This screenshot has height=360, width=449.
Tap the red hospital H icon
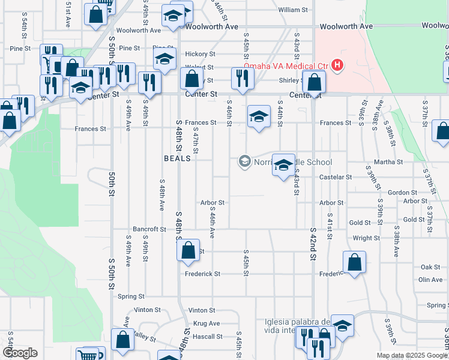coord(338,65)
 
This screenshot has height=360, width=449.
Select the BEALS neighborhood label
coord(177,158)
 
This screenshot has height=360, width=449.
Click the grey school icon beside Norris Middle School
coord(244,161)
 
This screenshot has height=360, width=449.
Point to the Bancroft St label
coord(149,229)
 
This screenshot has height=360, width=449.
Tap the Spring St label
coord(131,296)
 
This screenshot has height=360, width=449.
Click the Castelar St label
coord(336,177)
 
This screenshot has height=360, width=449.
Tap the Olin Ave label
coord(430,280)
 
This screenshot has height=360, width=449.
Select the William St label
coord(293,10)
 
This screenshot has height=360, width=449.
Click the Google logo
coord(20,353)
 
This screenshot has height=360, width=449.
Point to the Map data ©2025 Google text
coord(411,355)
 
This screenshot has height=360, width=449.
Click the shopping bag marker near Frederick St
coord(355,262)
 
